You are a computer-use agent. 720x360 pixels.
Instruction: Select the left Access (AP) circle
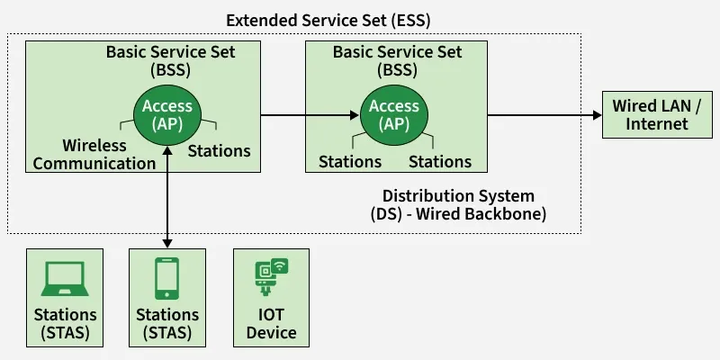point(167,115)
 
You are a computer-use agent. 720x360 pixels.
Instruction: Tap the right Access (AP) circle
point(393,115)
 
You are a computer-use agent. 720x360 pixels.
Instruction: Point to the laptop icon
point(64,279)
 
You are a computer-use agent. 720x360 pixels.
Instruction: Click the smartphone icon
point(166,279)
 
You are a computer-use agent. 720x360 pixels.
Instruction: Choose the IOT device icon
point(271,277)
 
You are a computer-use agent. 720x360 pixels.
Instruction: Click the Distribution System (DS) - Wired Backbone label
point(458,205)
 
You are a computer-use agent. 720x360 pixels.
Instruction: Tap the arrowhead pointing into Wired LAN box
point(596,115)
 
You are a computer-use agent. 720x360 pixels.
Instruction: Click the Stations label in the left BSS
point(219,150)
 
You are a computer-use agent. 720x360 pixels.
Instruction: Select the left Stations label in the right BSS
point(350,162)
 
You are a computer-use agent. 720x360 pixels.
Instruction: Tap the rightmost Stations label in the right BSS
point(440,162)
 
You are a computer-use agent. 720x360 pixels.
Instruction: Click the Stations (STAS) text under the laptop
point(65,324)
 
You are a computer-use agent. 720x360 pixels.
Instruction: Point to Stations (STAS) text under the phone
point(167,324)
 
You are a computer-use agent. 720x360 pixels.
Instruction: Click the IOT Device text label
point(271,324)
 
